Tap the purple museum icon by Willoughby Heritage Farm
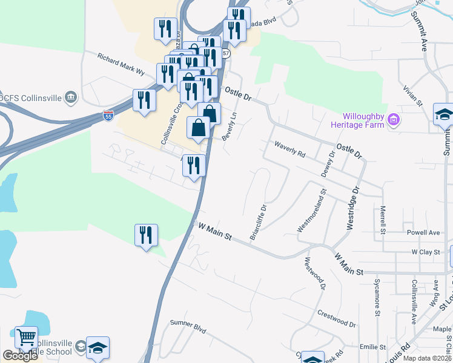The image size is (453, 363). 394,120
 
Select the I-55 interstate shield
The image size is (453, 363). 108,114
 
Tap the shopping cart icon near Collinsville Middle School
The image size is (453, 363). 26,337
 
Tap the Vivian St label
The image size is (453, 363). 413,96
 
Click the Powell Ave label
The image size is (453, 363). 423,232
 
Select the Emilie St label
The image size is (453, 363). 372,347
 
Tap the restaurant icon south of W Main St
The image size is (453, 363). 146,234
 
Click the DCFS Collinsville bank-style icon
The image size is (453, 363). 71,96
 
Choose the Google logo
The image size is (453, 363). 20,356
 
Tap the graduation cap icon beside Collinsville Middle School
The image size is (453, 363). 98,347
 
